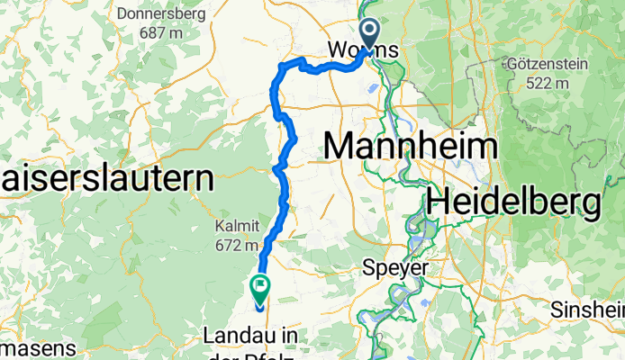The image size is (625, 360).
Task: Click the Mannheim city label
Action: tap(411, 146)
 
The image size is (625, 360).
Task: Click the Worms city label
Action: tap(365, 49)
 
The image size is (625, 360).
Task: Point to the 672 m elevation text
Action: tap(237, 244)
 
